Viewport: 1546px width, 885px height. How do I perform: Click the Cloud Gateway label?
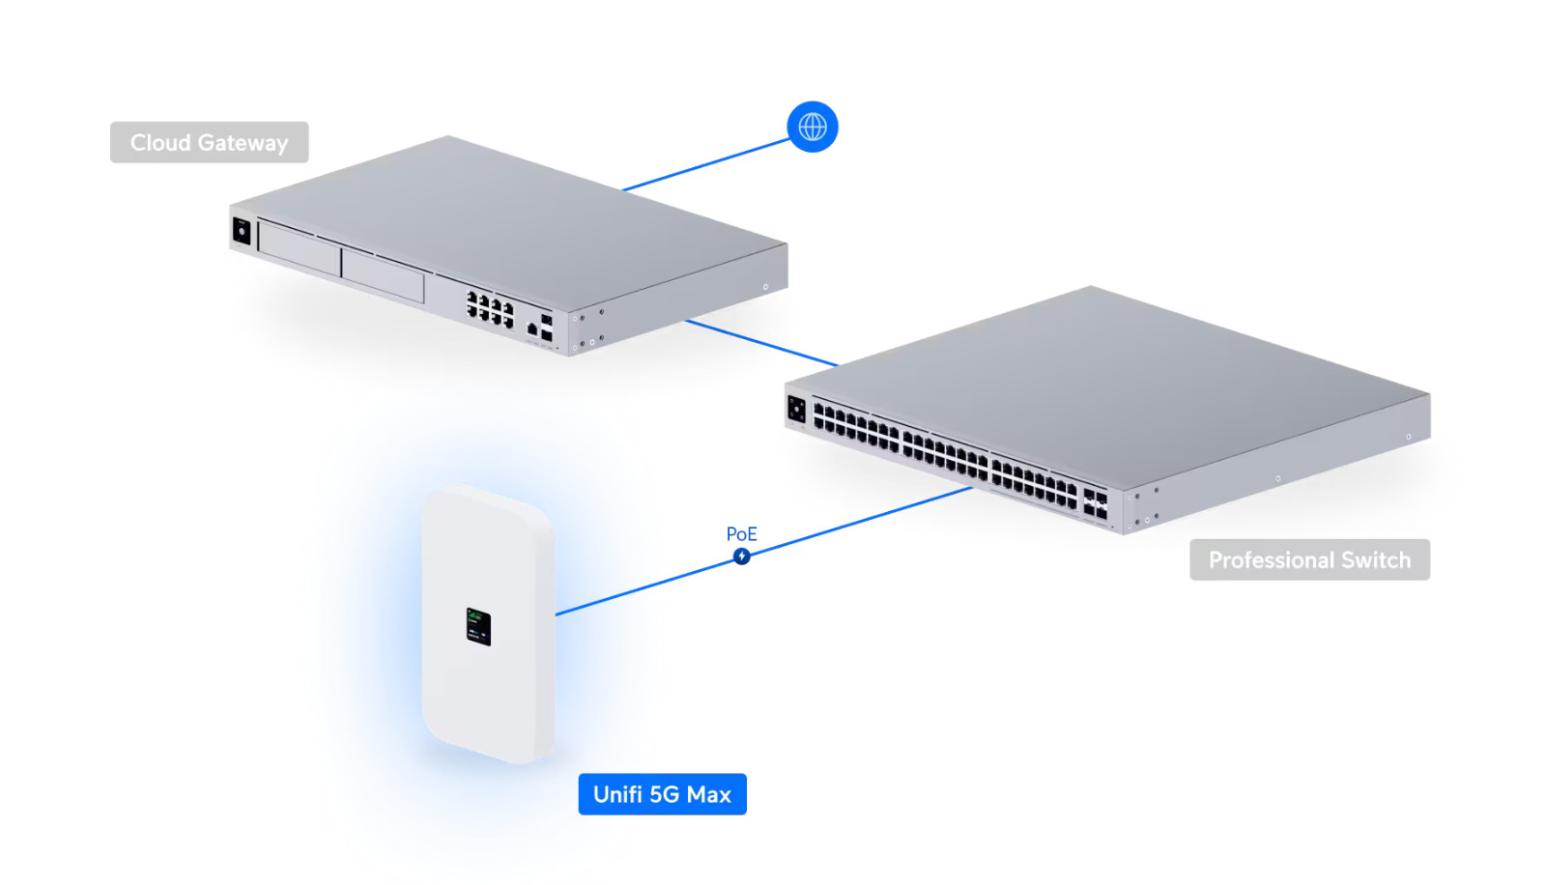[x=209, y=142]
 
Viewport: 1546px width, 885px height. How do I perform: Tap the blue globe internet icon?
[x=812, y=127]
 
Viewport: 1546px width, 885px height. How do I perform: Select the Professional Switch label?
[x=1308, y=559]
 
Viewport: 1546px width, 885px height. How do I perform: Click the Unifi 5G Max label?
[x=662, y=794]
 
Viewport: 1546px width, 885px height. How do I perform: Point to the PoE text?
[x=741, y=534]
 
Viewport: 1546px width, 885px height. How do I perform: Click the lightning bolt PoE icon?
[x=741, y=557]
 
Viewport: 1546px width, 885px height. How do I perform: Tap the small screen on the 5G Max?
[x=478, y=626]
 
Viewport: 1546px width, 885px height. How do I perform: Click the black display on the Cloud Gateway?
[x=242, y=231]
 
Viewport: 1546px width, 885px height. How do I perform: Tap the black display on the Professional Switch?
[x=796, y=408]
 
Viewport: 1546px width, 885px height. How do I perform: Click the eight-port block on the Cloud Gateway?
[x=490, y=309]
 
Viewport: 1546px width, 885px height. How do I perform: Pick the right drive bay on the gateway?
[x=383, y=274]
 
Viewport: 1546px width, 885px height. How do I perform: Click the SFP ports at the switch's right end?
[x=1095, y=503]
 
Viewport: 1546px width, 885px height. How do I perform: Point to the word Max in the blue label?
[x=708, y=794]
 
